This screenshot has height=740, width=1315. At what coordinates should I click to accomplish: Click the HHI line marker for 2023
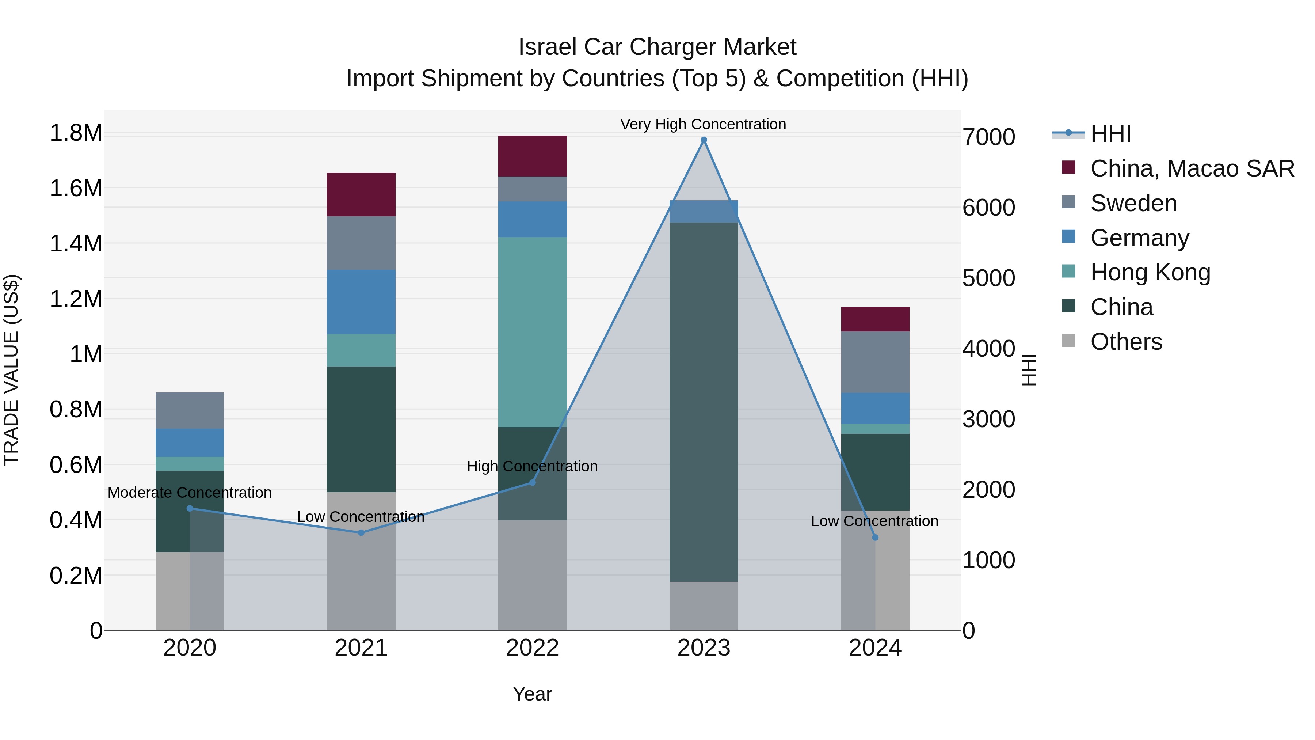click(x=704, y=140)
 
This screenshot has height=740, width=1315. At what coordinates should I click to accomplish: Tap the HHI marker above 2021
click(x=361, y=533)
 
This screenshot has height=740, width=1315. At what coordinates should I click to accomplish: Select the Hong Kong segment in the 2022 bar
click(x=533, y=332)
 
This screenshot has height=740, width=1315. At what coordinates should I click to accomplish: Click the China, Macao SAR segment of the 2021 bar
click(x=361, y=194)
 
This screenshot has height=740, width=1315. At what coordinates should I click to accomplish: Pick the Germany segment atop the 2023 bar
click(x=704, y=212)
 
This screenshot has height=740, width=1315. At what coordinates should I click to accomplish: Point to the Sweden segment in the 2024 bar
click(x=875, y=362)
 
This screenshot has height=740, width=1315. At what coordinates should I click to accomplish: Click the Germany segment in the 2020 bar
click(x=189, y=442)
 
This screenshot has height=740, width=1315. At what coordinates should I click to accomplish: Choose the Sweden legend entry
click(x=1133, y=203)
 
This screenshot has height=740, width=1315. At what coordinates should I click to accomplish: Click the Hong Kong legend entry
click(x=1150, y=272)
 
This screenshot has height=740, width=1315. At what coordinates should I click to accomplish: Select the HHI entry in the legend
click(x=1110, y=134)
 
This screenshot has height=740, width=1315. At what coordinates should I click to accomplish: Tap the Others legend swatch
click(x=1068, y=341)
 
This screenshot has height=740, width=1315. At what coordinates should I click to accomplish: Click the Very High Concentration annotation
click(x=703, y=124)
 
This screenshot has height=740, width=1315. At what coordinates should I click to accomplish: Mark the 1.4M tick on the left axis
click(x=76, y=244)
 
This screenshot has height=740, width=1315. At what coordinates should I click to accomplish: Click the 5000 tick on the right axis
click(x=988, y=278)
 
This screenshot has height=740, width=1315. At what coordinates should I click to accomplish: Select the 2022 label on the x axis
click(x=533, y=648)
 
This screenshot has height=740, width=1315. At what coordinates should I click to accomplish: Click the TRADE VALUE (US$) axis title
click(x=11, y=370)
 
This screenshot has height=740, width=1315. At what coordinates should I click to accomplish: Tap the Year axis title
click(x=533, y=694)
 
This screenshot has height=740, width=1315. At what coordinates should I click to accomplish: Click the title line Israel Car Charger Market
click(x=657, y=47)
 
